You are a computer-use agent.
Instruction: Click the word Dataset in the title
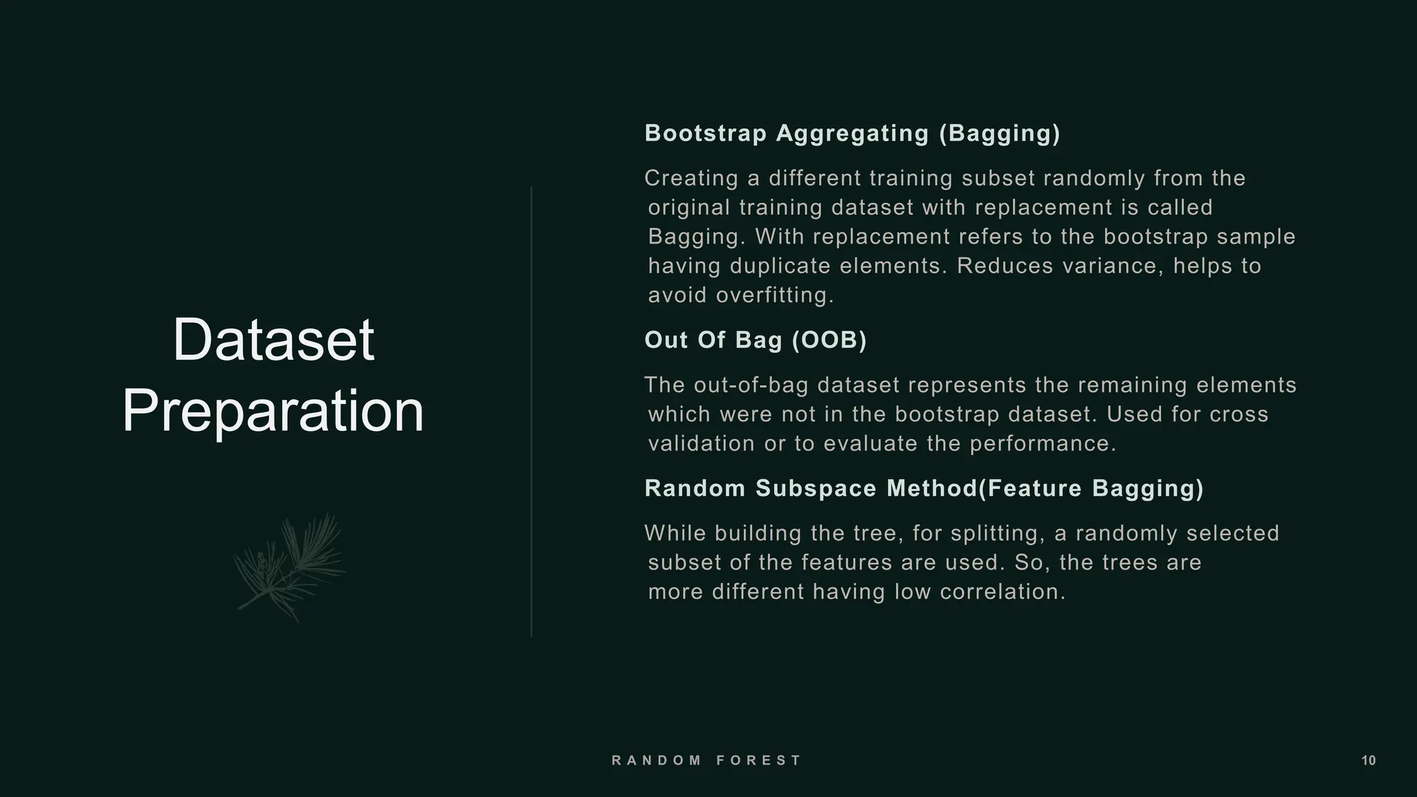[x=273, y=340]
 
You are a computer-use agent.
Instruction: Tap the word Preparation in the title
[x=273, y=411]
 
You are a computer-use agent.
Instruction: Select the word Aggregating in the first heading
[x=852, y=134]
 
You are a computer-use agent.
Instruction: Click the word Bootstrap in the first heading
[x=706, y=134]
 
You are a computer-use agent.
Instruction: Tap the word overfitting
[x=775, y=295]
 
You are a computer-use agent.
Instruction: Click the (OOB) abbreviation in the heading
[x=829, y=340]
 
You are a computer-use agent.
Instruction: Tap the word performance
[x=1043, y=443]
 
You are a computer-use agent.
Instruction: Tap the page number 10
[x=1369, y=761]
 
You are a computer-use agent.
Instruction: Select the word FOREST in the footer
[x=758, y=760]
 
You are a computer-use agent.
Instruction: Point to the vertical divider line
[x=531, y=411]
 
